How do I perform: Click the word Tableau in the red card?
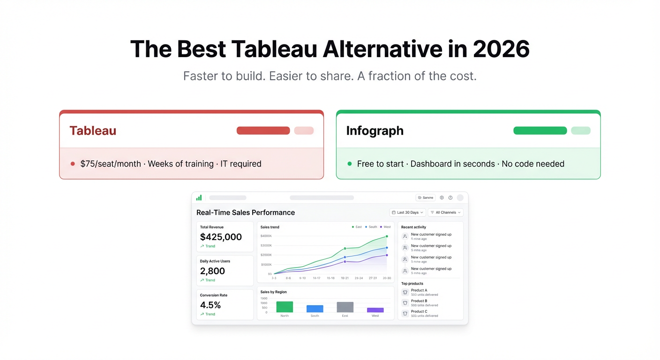coord(93,131)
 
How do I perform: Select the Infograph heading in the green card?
coord(375,131)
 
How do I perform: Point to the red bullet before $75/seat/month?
coord(73,164)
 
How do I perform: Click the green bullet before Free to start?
coord(350,164)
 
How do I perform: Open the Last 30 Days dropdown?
coord(407,212)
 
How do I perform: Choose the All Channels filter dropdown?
coord(445,212)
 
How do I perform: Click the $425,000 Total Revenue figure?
coord(221,237)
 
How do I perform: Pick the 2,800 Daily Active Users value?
coord(212,271)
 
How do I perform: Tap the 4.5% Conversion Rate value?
coord(210,305)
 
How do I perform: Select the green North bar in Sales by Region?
coord(285,307)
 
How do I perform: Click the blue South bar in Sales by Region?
coord(315,309)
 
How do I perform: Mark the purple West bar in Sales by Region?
coord(375,310)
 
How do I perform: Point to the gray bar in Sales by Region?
coord(345,307)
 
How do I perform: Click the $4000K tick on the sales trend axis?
coord(266,236)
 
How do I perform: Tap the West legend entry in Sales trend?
coord(385,227)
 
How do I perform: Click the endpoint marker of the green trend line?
coord(387,236)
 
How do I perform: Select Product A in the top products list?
coord(419,290)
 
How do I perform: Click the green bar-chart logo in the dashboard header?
coord(199,198)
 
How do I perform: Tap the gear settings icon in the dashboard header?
coord(442,198)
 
